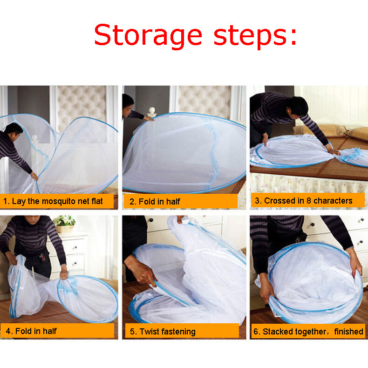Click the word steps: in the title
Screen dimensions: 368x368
(255, 35)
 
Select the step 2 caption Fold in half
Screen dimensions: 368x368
(155, 202)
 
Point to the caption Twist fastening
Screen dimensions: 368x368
(163, 332)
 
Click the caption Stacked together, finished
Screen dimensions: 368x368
(308, 332)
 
